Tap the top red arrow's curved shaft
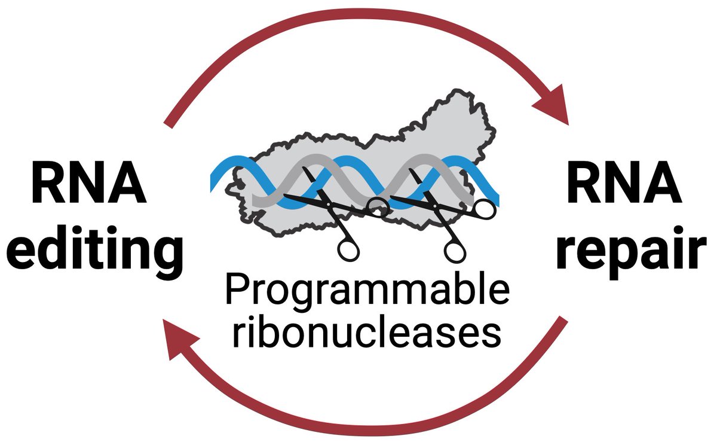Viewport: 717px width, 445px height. pos(358,18)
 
